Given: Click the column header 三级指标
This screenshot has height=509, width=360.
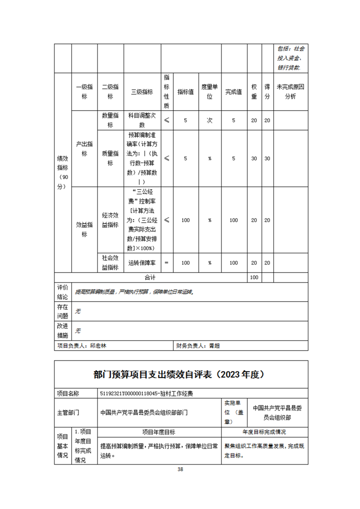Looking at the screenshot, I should tap(142, 92).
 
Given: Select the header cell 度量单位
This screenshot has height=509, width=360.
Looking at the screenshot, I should tap(210, 92).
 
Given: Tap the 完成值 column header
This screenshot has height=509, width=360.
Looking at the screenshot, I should tap(234, 92).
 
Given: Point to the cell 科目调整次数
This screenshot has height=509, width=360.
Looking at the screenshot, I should tap(142, 120).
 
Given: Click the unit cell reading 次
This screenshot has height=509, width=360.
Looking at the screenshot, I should tap(210, 120).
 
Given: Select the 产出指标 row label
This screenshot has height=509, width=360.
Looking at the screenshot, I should tap(84, 148).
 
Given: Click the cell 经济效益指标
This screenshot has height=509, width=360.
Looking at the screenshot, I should tap(110, 220).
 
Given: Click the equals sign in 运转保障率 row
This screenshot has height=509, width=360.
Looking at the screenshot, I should tap(167, 263).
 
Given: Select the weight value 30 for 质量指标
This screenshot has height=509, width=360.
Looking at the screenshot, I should tap(254, 158).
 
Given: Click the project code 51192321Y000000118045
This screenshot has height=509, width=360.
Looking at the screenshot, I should tap(137, 393).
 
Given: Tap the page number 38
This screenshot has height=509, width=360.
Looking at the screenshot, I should tap(180, 470).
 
